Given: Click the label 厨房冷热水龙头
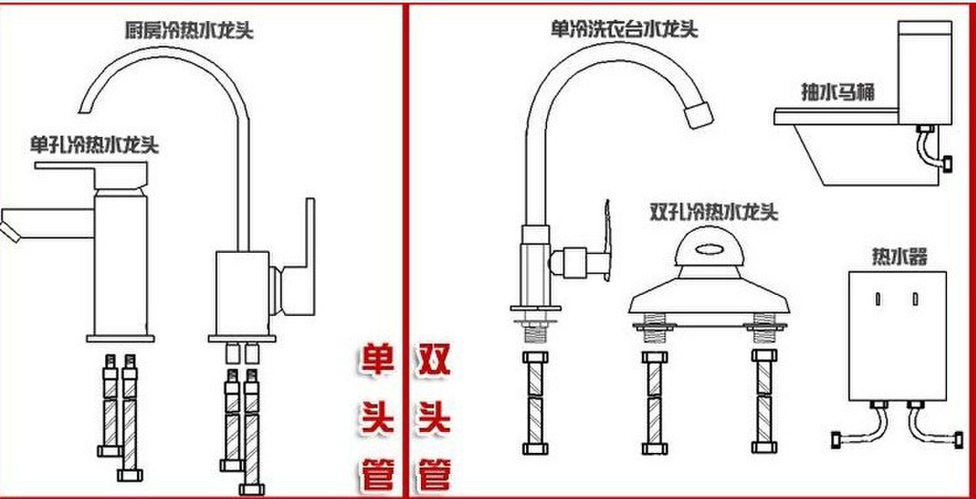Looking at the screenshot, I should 189,31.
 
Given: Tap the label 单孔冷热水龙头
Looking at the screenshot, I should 94,145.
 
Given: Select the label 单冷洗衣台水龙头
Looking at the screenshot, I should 623,29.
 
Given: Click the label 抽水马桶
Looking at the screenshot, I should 837,92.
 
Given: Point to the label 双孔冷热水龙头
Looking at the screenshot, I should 714,213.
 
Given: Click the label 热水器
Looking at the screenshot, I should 899,255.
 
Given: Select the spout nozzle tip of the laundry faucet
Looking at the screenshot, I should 698,115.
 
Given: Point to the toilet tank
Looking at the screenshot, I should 924,72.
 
